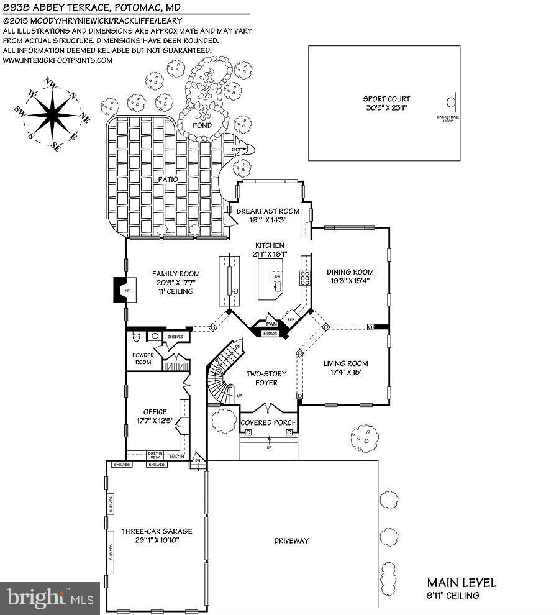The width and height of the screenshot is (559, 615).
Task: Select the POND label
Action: pyautogui.click(x=201, y=125)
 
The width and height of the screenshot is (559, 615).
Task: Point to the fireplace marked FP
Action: pyautogui.click(x=119, y=290)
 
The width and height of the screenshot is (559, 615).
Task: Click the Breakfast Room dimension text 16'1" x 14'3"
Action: pyautogui.click(x=268, y=220)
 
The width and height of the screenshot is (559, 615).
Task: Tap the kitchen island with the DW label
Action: pyautogui.click(x=271, y=277)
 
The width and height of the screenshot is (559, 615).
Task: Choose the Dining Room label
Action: pyautogui.click(x=350, y=272)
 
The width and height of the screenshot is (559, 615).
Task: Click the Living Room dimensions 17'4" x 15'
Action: pyautogui.click(x=345, y=373)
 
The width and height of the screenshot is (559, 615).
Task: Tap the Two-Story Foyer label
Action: pyautogui.click(x=261, y=378)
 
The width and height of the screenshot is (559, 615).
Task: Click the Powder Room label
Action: pyautogui.click(x=143, y=358)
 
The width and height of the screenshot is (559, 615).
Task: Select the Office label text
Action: pyautogui.click(x=155, y=412)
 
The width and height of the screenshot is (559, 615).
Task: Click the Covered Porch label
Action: pyautogui.click(x=268, y=423)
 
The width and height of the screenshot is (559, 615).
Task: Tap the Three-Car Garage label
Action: pyautogui.click(x=157, y=531)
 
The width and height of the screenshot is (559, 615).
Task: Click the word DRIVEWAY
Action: pyautogui.click(x=291, y=541)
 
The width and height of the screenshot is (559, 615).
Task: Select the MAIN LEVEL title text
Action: pyautogui.click(x=461, y=583)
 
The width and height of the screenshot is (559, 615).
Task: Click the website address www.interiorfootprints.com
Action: pyautogui.click(x=58, y=60)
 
